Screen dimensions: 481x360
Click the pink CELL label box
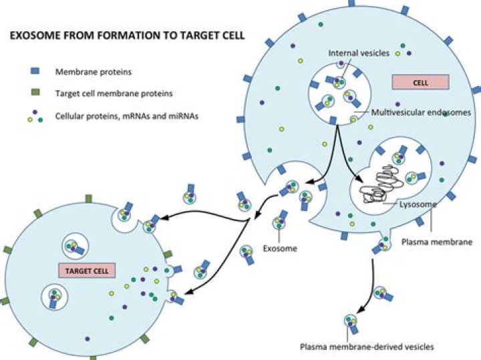coord(421,82)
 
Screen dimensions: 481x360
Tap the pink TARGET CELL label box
coord(87,271)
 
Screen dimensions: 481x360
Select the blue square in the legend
coord(35,71)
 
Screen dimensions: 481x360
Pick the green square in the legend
coord(36,92)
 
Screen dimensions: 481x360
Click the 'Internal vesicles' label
coord(359,53)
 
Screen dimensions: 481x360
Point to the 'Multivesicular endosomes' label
coord(421,112)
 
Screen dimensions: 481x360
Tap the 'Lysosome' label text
coord(418,204)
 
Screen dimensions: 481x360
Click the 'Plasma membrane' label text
coord(437,242)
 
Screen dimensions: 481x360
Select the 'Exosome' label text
coord(280,248)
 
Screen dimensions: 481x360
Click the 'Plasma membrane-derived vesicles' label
coord(367,347)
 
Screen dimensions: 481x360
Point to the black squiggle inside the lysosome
coord(381,184)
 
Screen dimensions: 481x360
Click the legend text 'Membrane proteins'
coord(94,72)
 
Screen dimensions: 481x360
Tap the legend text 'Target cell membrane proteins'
coord(114,94)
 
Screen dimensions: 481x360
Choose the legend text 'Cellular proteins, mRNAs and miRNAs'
coord(127,116)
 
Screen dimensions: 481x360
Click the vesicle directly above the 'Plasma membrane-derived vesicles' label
coord(351,323)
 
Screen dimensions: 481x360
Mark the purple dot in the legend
coord(35,112)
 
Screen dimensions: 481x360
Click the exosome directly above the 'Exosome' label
coord(279,221)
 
